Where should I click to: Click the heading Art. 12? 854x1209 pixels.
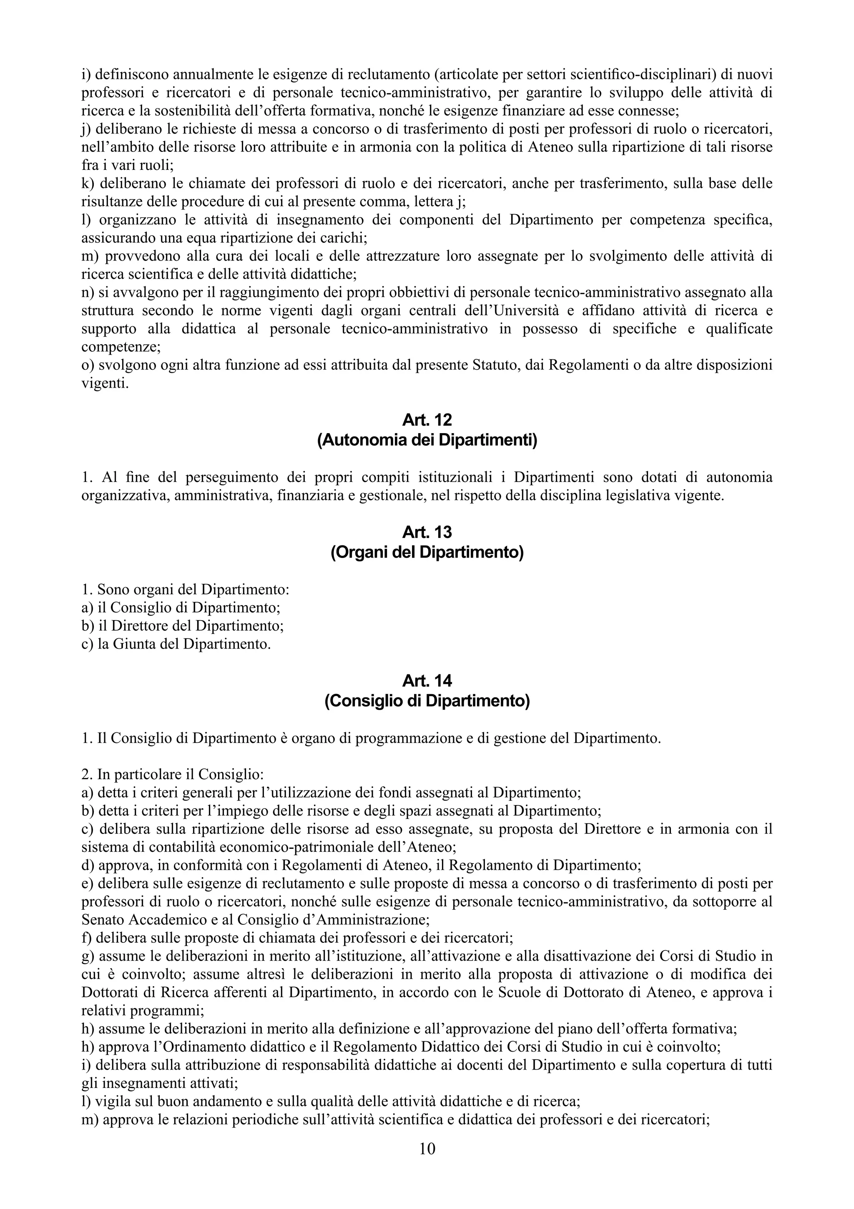coord(427,420)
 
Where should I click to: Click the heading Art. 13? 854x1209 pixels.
coord(427,533)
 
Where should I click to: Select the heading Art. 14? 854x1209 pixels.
coord(427,681)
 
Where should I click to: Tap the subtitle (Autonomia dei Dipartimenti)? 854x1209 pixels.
coord(427,440)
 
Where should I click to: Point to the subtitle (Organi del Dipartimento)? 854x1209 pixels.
coord(427,553)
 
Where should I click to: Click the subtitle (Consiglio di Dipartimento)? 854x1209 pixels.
coord(427,701)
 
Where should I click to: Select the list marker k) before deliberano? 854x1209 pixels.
coord(87,183)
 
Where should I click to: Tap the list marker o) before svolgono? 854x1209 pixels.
coord(87,365)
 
